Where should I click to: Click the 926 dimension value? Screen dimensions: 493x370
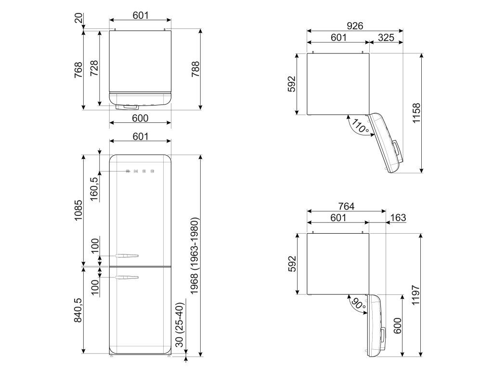[x=355, y=26]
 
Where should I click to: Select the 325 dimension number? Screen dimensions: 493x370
[x=386, y=38]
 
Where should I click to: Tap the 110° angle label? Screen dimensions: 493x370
[x=360, y=126]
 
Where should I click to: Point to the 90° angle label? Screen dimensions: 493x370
[x=359, y=304]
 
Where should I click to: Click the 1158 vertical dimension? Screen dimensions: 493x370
[x=416, y=113]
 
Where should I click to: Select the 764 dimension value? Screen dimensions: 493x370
[x=346, y=206]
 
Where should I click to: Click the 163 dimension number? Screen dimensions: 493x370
[x=398, y=217]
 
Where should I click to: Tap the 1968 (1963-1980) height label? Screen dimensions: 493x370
[x=195, y=256]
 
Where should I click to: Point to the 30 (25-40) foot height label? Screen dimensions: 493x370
[x=180, y=325]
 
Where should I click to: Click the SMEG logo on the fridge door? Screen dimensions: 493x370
[x=140, y=172]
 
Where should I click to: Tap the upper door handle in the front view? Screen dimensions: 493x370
[x=127, y=255]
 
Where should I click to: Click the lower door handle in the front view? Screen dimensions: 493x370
[x=127, y=277]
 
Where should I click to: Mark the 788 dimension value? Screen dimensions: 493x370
[x=195, y=69]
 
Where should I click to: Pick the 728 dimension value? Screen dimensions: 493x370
[x=94, y=68]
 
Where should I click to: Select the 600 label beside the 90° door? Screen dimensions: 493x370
[x=397, y=326]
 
